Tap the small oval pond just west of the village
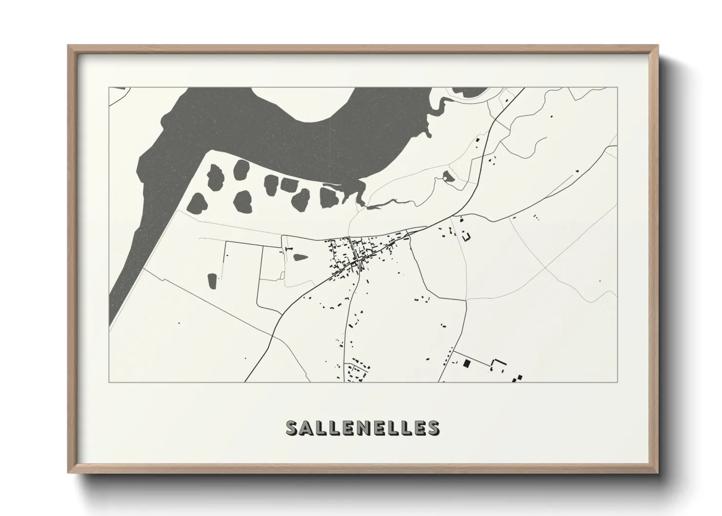(298, 256)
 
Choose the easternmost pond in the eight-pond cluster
(327, 197)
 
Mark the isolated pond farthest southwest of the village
(212, 280)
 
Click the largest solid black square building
(465, 363)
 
